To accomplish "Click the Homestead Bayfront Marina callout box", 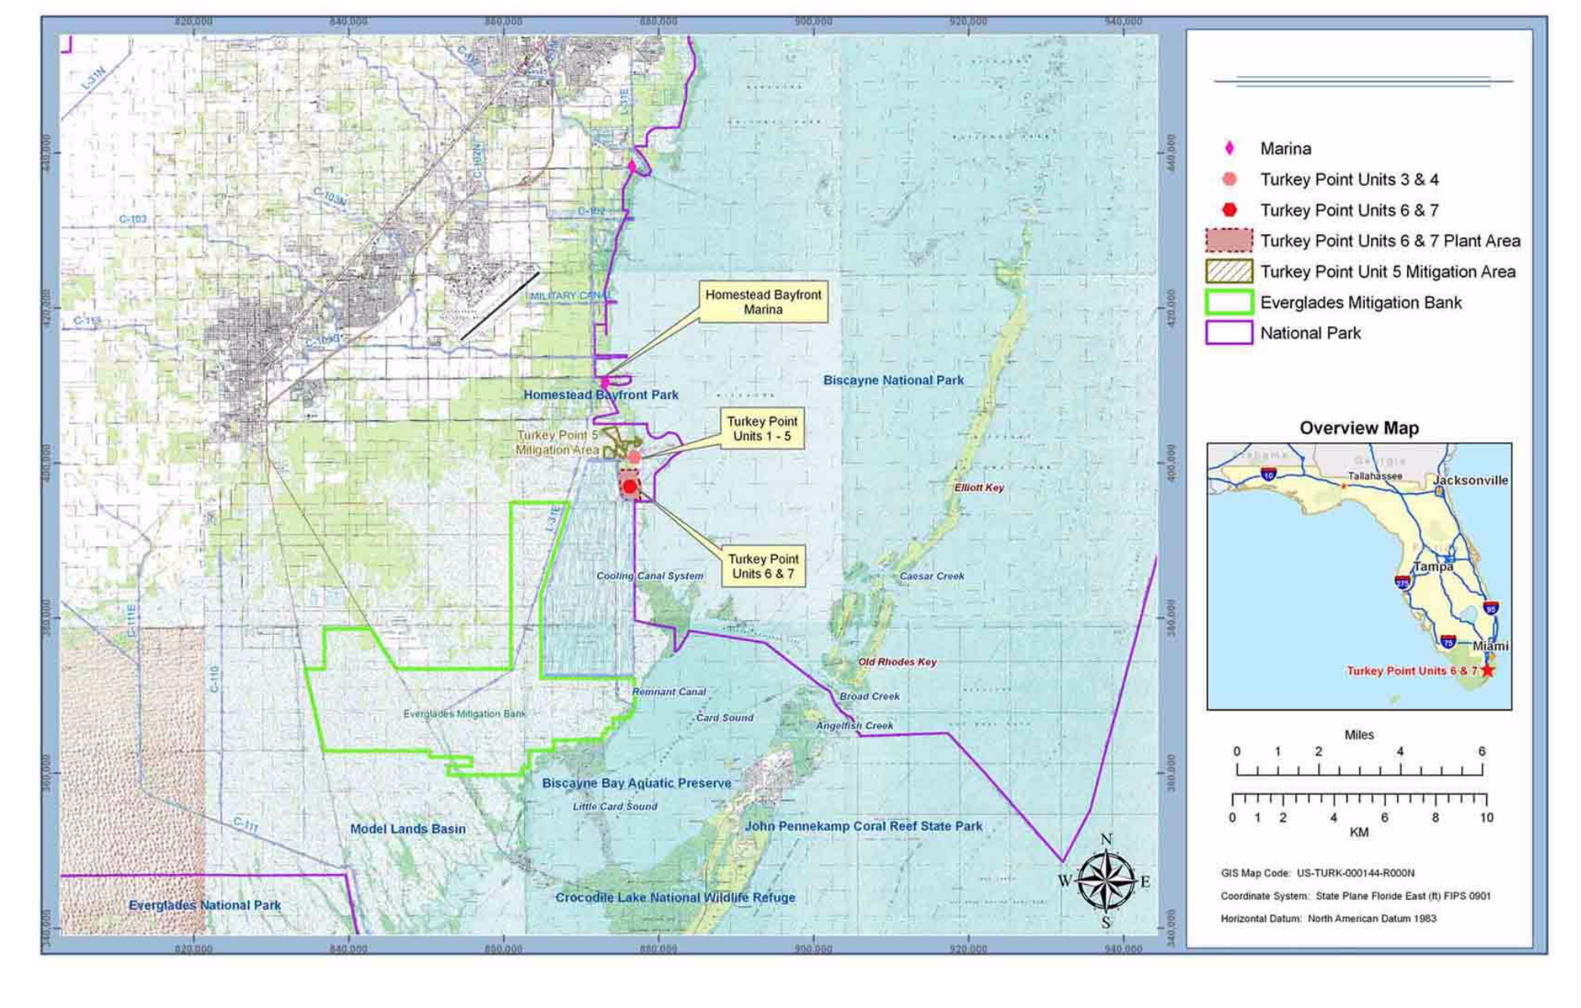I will [762, 303].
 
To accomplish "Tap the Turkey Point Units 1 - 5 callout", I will [762, 429].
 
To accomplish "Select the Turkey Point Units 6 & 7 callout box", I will [762, 566].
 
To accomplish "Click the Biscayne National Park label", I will [893, 380].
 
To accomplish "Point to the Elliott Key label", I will [979, 488].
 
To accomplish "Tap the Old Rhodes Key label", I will [897, 662].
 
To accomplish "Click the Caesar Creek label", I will [932, 576].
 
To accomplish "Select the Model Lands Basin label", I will [407, 829].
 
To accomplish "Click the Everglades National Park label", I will [204, 905].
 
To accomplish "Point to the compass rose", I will [1105, 881].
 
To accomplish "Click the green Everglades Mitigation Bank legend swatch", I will [1228, 303].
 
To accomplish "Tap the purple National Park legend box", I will [1228, 333].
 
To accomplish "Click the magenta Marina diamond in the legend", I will [1229, 148].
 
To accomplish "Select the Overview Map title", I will [1359, 428].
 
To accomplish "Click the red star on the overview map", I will [1487, 670].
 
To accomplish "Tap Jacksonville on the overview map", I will [1470, 480].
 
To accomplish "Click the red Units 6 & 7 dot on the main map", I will [629, 487].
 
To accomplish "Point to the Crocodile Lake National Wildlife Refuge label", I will [675, 897].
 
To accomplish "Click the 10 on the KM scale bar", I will [1486, 818].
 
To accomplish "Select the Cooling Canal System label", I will [649, 576].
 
